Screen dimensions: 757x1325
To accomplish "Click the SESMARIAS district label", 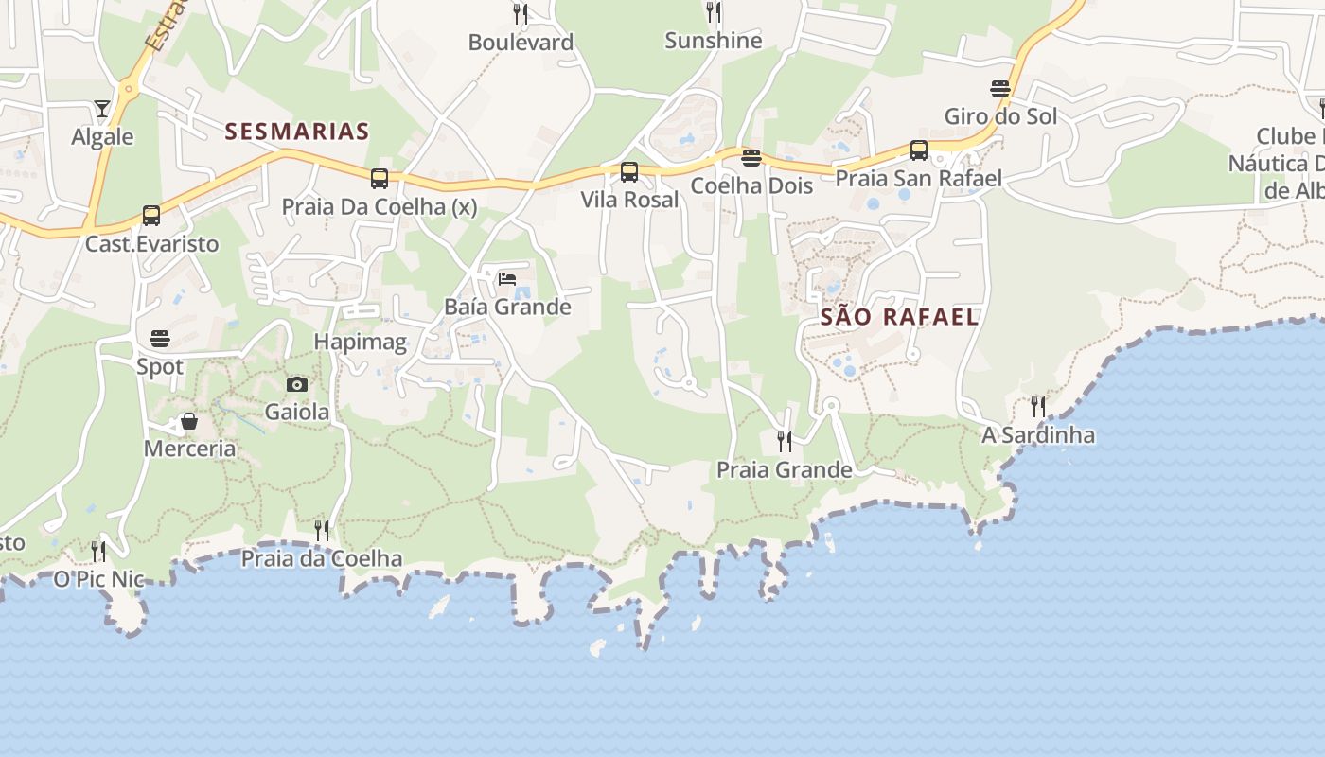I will (297, 132).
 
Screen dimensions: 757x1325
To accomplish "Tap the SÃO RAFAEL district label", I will (899, 317).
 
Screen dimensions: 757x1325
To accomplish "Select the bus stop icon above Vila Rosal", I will (629, 172).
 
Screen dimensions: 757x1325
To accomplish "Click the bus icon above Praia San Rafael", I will (918, 150).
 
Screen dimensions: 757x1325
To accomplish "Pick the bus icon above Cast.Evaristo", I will (151, 216).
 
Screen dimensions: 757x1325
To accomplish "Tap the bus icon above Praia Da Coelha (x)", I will (379, 178).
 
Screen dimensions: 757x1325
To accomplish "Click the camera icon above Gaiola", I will (297, 384).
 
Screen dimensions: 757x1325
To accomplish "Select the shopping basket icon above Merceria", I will (189, 421).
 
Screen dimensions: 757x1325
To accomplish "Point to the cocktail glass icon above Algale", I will (102, 109).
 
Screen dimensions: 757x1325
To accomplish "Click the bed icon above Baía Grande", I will (507, 278).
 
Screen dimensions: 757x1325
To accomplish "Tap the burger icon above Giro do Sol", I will (1000, 89).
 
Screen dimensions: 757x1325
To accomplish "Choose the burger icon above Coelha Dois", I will (751, 157).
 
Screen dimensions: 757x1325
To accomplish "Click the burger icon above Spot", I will (159, 339).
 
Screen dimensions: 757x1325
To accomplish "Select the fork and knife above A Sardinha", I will (1038, 407).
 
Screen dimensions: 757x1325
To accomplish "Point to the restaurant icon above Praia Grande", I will (784, 441).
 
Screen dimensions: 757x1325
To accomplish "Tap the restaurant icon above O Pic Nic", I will (98, 551).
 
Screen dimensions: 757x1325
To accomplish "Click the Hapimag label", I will (360, 342).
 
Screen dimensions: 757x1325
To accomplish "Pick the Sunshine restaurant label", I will (713, 41).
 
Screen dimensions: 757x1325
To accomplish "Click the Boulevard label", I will (521, 43).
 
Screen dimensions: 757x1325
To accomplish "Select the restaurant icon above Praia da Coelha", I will (322, 530).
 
